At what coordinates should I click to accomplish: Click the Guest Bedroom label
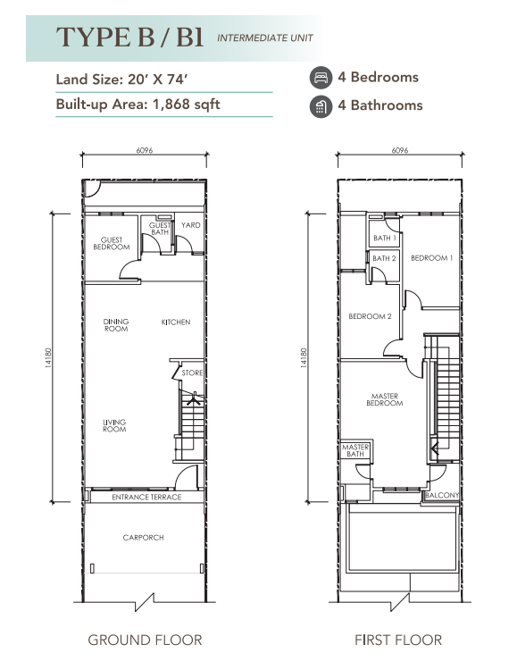coord(112,244)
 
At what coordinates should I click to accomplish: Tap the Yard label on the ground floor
coord(190,225)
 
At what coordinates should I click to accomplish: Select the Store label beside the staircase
coord(192,373)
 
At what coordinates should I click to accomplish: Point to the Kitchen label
coord(176,322)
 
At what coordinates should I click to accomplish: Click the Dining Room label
coord(116,325)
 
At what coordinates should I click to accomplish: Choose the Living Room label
coord(114,425)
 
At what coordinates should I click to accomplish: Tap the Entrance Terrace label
coord(146,497)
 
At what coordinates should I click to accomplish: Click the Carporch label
coord(143,538)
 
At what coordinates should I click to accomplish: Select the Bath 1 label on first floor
coord(385,238)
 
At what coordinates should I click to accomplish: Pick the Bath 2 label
coord(384,258)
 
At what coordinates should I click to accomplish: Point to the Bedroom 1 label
coord(431,258)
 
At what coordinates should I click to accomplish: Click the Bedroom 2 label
coord(370,316)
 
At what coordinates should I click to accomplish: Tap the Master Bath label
coord(355,450)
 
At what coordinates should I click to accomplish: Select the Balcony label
coord(442,495)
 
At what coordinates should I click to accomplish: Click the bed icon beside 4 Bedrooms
coord(321,78)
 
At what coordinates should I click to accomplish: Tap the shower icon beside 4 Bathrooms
coord(321,106)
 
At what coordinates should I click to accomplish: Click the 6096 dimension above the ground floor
coord(145,150)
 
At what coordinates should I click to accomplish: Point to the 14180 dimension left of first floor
coord(304,358)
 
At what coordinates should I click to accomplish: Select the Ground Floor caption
coord(145,641)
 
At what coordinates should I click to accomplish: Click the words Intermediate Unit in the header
coord(265,38)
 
